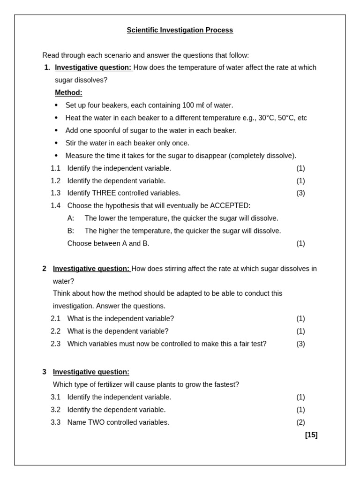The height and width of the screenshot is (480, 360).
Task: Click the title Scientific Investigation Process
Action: tap(180, 30)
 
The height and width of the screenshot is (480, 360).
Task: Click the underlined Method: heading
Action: tap(68, 92)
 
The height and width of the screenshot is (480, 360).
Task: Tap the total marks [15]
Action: tap(311, 435)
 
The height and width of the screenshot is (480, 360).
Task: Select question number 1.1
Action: tap(55, 168)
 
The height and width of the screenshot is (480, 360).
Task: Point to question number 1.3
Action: tap(55, 193)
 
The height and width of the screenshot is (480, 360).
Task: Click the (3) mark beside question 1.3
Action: tap(300, 193)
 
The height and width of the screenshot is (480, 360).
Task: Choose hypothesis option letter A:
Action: tap(71, 218)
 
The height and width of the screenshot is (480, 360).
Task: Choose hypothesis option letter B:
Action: tap(71, 231)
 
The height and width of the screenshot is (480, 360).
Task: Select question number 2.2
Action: tap(55, 331)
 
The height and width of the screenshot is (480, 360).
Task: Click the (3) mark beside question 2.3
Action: tap(300, 344)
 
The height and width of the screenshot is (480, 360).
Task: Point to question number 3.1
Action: tap(55, 397)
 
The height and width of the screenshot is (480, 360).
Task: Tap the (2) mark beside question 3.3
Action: tap(300, 422)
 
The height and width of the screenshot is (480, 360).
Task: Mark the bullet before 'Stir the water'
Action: tap(56, 143)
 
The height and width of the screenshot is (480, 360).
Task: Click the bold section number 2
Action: tap(44, 269)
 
